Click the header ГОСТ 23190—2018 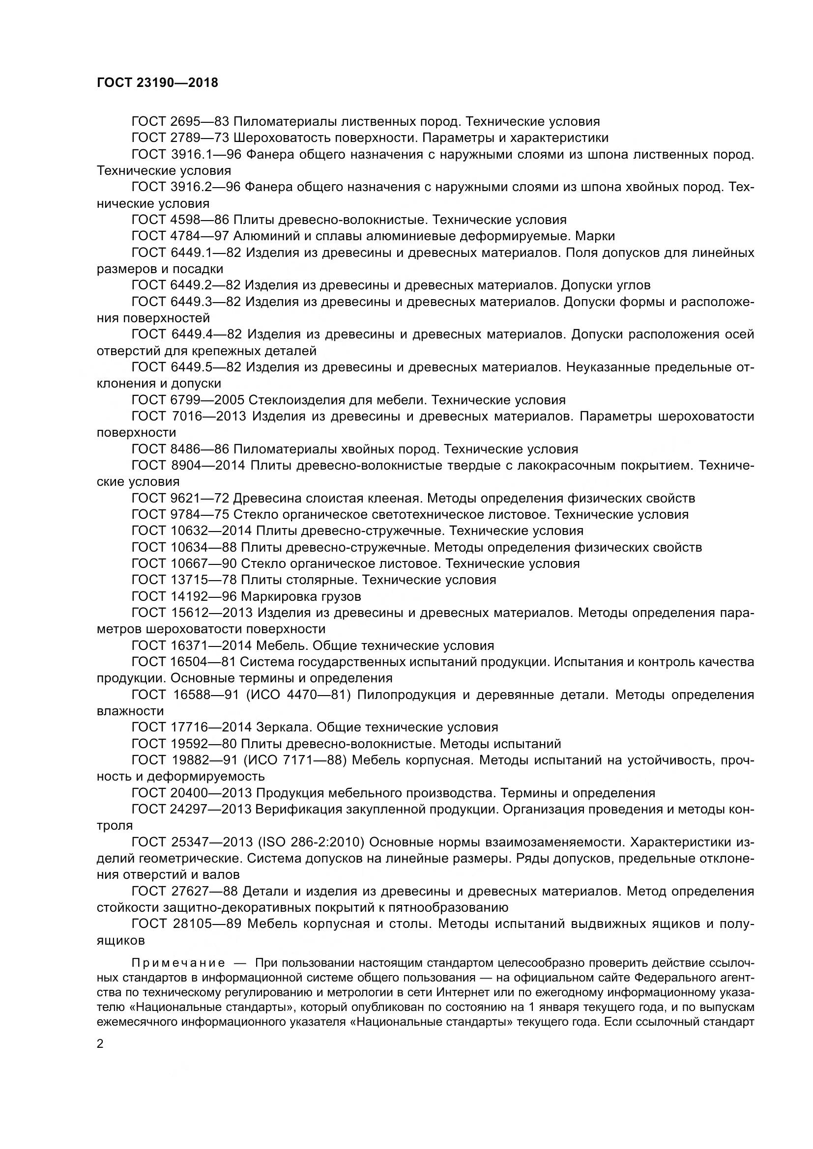tap(157, 83)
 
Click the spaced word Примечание tap(177, 963)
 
